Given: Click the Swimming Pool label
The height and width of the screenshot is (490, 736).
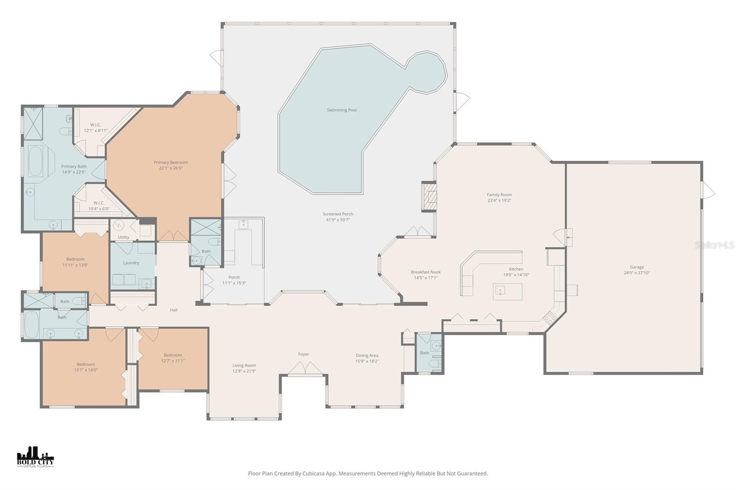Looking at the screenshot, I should (342, 110).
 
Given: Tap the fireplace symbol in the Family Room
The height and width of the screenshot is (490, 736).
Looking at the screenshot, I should (429, 197).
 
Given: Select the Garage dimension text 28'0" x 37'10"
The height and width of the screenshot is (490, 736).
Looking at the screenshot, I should (637, 273).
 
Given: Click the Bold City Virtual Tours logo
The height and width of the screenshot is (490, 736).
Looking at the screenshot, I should (35, 457).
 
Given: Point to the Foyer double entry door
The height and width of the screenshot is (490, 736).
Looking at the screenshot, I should (304, 368).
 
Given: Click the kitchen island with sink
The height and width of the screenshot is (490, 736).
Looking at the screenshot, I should (507, 291).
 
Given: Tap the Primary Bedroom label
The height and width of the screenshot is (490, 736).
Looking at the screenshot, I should (171, 162).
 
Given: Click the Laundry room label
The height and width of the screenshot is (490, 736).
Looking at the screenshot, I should (131, 263).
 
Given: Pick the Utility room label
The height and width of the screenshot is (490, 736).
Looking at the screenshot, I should (123, 237).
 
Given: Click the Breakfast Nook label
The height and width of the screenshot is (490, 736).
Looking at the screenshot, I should (425, 272).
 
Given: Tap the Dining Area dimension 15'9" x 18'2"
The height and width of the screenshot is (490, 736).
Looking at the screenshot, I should (367, 361).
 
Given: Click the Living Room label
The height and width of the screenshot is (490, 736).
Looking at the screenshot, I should (244, 365).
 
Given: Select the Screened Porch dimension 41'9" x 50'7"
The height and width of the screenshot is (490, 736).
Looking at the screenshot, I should (338, 220).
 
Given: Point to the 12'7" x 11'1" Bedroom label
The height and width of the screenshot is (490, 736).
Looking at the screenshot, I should (172, 355).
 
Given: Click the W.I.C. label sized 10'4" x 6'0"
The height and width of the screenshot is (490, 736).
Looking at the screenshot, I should (98, 203).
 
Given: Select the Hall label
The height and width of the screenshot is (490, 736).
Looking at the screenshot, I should (173, 310).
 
